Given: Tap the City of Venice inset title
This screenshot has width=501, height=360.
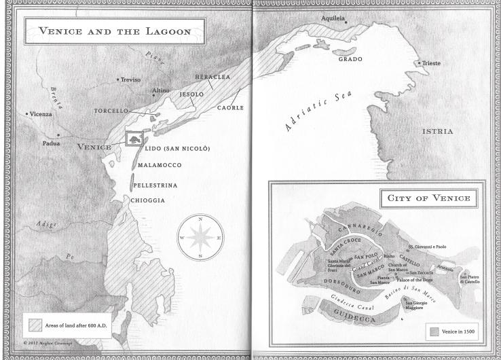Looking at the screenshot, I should tap(428, 199).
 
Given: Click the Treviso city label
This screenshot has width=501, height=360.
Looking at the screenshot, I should tap(130, 79).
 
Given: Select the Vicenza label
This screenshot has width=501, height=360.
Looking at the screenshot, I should tap(40, 114).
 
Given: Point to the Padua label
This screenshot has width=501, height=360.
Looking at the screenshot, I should tap(51, 143).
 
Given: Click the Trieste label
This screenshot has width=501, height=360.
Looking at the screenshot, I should tap(430, 63).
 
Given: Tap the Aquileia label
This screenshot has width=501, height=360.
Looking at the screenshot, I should tap(333, 18).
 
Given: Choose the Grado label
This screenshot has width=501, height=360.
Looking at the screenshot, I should tap(350, 59).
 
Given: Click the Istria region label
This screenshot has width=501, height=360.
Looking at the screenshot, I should tap(437, 131).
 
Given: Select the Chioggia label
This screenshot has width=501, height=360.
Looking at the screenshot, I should tap(148, 200).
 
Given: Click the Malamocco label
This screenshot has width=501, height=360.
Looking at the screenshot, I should tap(160, 165).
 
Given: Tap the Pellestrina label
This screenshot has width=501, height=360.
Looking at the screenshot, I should tap(155, 185).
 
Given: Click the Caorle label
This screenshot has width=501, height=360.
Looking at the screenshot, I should tap(230, 107).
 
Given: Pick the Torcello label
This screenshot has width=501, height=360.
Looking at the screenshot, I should tap(111, 110).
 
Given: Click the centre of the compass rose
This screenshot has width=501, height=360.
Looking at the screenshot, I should tap(200, 238).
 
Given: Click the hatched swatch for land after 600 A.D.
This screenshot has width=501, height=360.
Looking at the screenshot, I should tap(34, 325).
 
